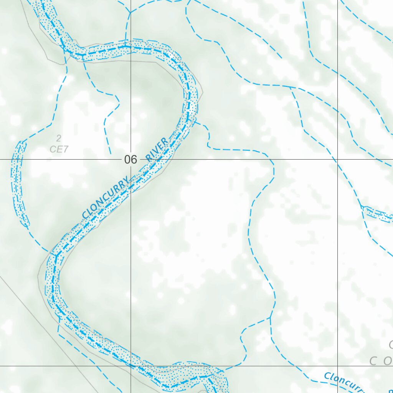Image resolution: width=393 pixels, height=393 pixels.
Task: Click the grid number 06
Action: (x=130, y=159)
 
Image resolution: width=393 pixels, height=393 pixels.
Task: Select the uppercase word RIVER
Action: (x=157, y=149)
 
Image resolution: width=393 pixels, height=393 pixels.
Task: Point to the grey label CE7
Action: (x=59, y=149)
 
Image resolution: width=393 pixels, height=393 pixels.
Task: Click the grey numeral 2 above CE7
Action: (x=59, y=138)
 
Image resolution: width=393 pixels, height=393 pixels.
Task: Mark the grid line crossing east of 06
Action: (x=338, y=159)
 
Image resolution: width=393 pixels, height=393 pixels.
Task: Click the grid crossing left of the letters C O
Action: (x=338, y=366)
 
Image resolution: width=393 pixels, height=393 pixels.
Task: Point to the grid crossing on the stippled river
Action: (x=130, y=366)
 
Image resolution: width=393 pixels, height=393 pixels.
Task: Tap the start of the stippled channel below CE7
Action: (x=21, y=143)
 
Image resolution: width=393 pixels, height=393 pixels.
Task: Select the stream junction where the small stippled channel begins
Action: (x=362, y=207)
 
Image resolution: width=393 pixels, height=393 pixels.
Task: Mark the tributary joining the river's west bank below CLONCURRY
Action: (x=50, y=252)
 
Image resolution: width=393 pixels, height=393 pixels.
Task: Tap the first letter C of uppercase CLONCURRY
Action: (x=85, y=215)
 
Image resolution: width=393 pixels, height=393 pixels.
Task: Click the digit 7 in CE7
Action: (x=66, y=149)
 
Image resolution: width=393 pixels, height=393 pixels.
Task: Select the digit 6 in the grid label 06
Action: (x=134, y=159)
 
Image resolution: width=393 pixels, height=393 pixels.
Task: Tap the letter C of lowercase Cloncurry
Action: (x=327, y=376)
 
